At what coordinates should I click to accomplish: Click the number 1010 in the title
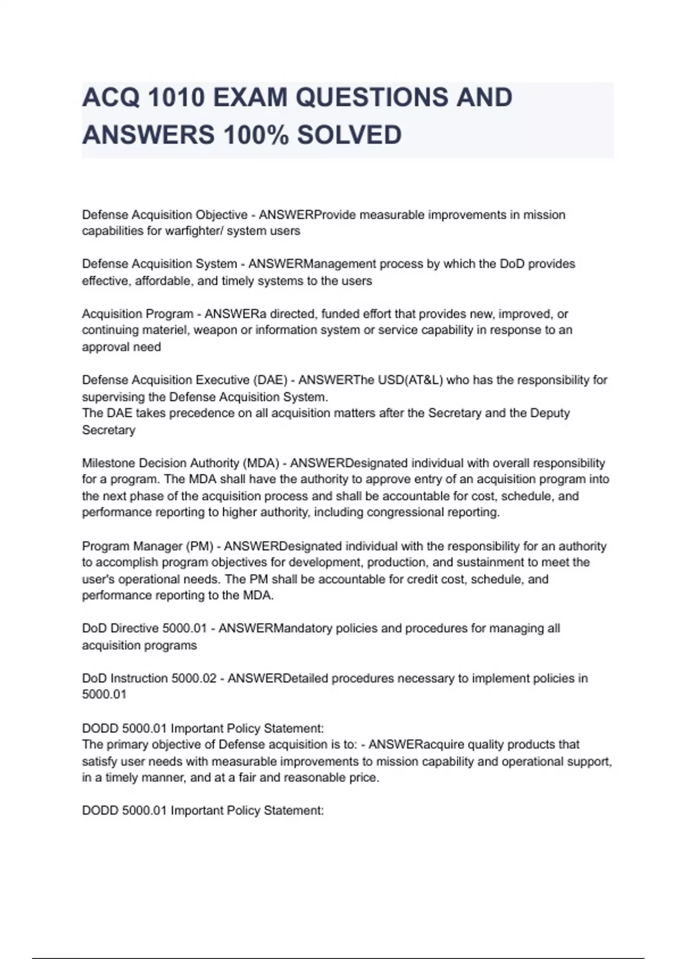pos(175,98)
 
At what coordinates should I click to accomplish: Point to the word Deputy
pos(550,413)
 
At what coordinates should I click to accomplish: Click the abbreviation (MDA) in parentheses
pos(261,463)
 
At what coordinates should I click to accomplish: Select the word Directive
pos(135,628)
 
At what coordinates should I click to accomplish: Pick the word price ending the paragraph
pos(362,778)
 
